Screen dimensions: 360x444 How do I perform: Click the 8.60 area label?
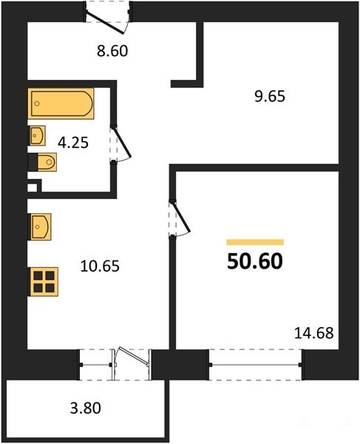pyautogui.click(x=112, y=52)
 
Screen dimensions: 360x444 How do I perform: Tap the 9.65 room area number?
pyautogui.click(x=270, y=97)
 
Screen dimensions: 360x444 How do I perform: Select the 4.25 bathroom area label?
pyautogui.click(x=73, y=143)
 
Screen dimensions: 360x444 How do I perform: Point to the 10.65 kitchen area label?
pyautogui.click(x=100, y=266)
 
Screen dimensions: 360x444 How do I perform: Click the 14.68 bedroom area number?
pyautogui.click(x=314, y=333)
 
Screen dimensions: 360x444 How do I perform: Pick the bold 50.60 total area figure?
pyautogui.click(x=255, y=261)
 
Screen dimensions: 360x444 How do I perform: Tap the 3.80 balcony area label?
pyautogui.click(x=86, y=408)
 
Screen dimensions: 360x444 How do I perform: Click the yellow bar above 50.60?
pyautogui.click(x=255, y=242)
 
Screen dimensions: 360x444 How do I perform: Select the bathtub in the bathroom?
pyautogui.click(x=61, y=104)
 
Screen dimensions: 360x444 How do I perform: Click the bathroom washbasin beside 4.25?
pyautogui.click(x=37, y=135)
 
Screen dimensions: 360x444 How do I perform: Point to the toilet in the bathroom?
pyautogui.click(x=43, y=162)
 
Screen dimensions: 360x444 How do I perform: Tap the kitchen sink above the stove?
pyautogui.click(x=40, y=227)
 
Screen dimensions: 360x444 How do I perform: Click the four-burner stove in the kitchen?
pyautogui.click(x=44, y=282)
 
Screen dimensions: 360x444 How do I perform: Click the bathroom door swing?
pyautogui.click(x=121, y=144)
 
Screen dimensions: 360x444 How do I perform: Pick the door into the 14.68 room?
pyautogui.click(x=180, y=218)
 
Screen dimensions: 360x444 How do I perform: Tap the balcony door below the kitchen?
pyautogui.click(x=132, y=364)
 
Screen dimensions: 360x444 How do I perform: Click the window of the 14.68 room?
pyautogui.click(x=255, y=365)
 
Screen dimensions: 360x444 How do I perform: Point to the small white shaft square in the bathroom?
pyautogui.click(x=33, y=188)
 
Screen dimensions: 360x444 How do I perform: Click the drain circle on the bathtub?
pyautogui.click(x=37, y=104)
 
